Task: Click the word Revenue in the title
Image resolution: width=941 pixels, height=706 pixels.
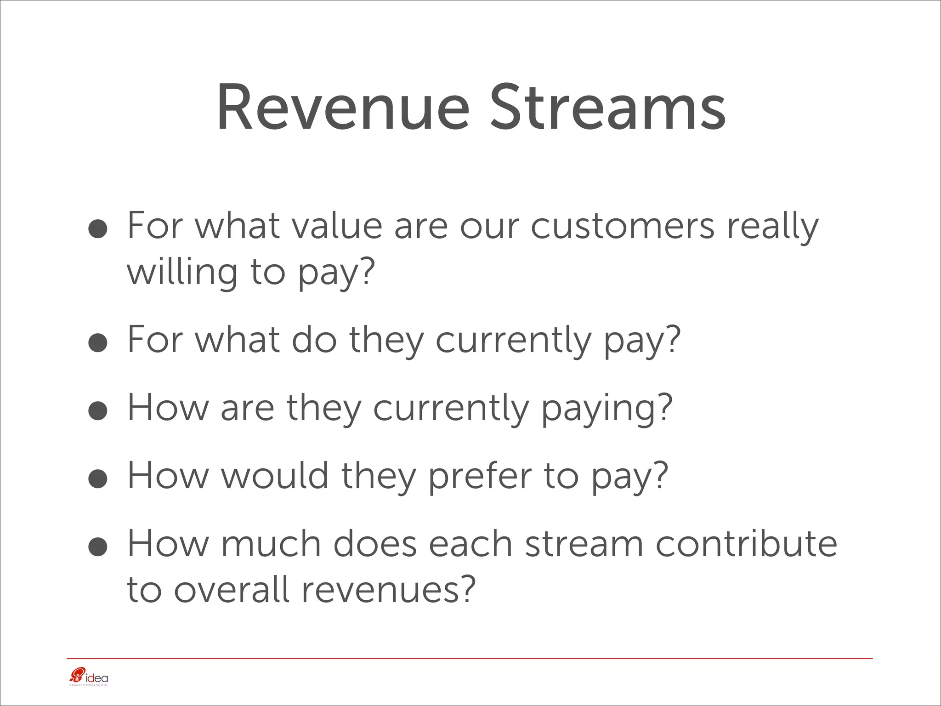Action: click(x=342, y=108)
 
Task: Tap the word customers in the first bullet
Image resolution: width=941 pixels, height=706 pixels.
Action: click(x=623, y=226)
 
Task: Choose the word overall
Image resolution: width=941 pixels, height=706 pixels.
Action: click(x=232, y=589)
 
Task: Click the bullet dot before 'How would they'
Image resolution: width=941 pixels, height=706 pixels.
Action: click(x=98, y=478)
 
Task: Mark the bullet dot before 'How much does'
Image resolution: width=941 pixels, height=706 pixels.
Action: click(x=98, y=547)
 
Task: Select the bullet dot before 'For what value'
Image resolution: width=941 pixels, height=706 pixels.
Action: click(x=98, y=228)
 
